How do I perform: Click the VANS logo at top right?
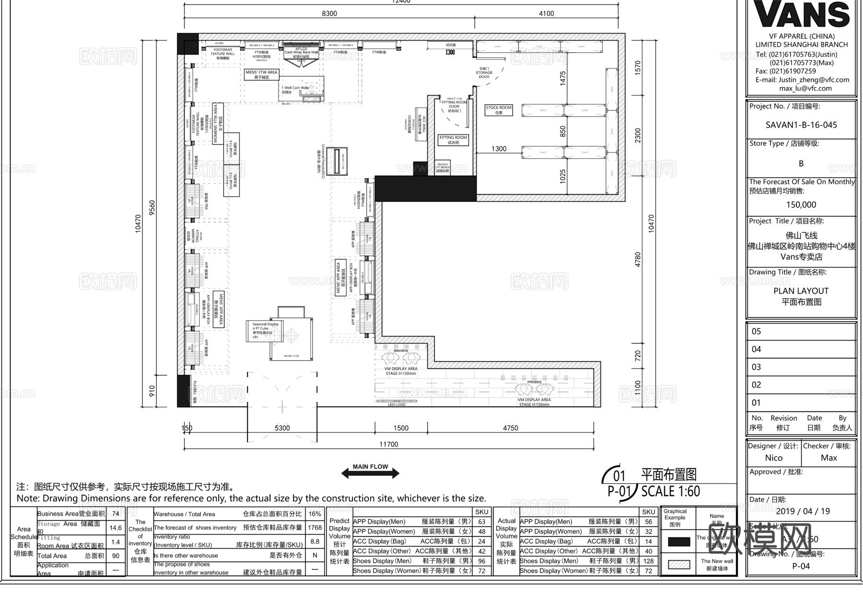[801, 14]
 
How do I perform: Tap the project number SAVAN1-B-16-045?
[801, 125]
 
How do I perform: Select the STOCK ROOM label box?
[499, 110]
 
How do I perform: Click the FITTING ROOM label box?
[453, 140]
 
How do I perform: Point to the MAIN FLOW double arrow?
[370, 473]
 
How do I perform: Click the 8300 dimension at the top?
[329, 13]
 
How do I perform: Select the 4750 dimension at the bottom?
[510, 428]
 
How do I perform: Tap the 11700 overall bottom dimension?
[388, 444]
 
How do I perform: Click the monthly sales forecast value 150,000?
[801, 205]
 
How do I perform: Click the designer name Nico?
[773, 458]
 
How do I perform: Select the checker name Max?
[828, 458]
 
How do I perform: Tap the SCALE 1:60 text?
[670, 491]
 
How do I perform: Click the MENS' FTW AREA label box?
[261, 74]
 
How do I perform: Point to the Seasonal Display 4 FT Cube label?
[265, 331]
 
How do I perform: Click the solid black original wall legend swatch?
[678, 542]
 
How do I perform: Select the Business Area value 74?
[116, 514]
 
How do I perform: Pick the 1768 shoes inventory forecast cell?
[315, 527]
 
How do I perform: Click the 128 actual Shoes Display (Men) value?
[648, 561]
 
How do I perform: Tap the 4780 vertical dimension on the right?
[638, 260]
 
